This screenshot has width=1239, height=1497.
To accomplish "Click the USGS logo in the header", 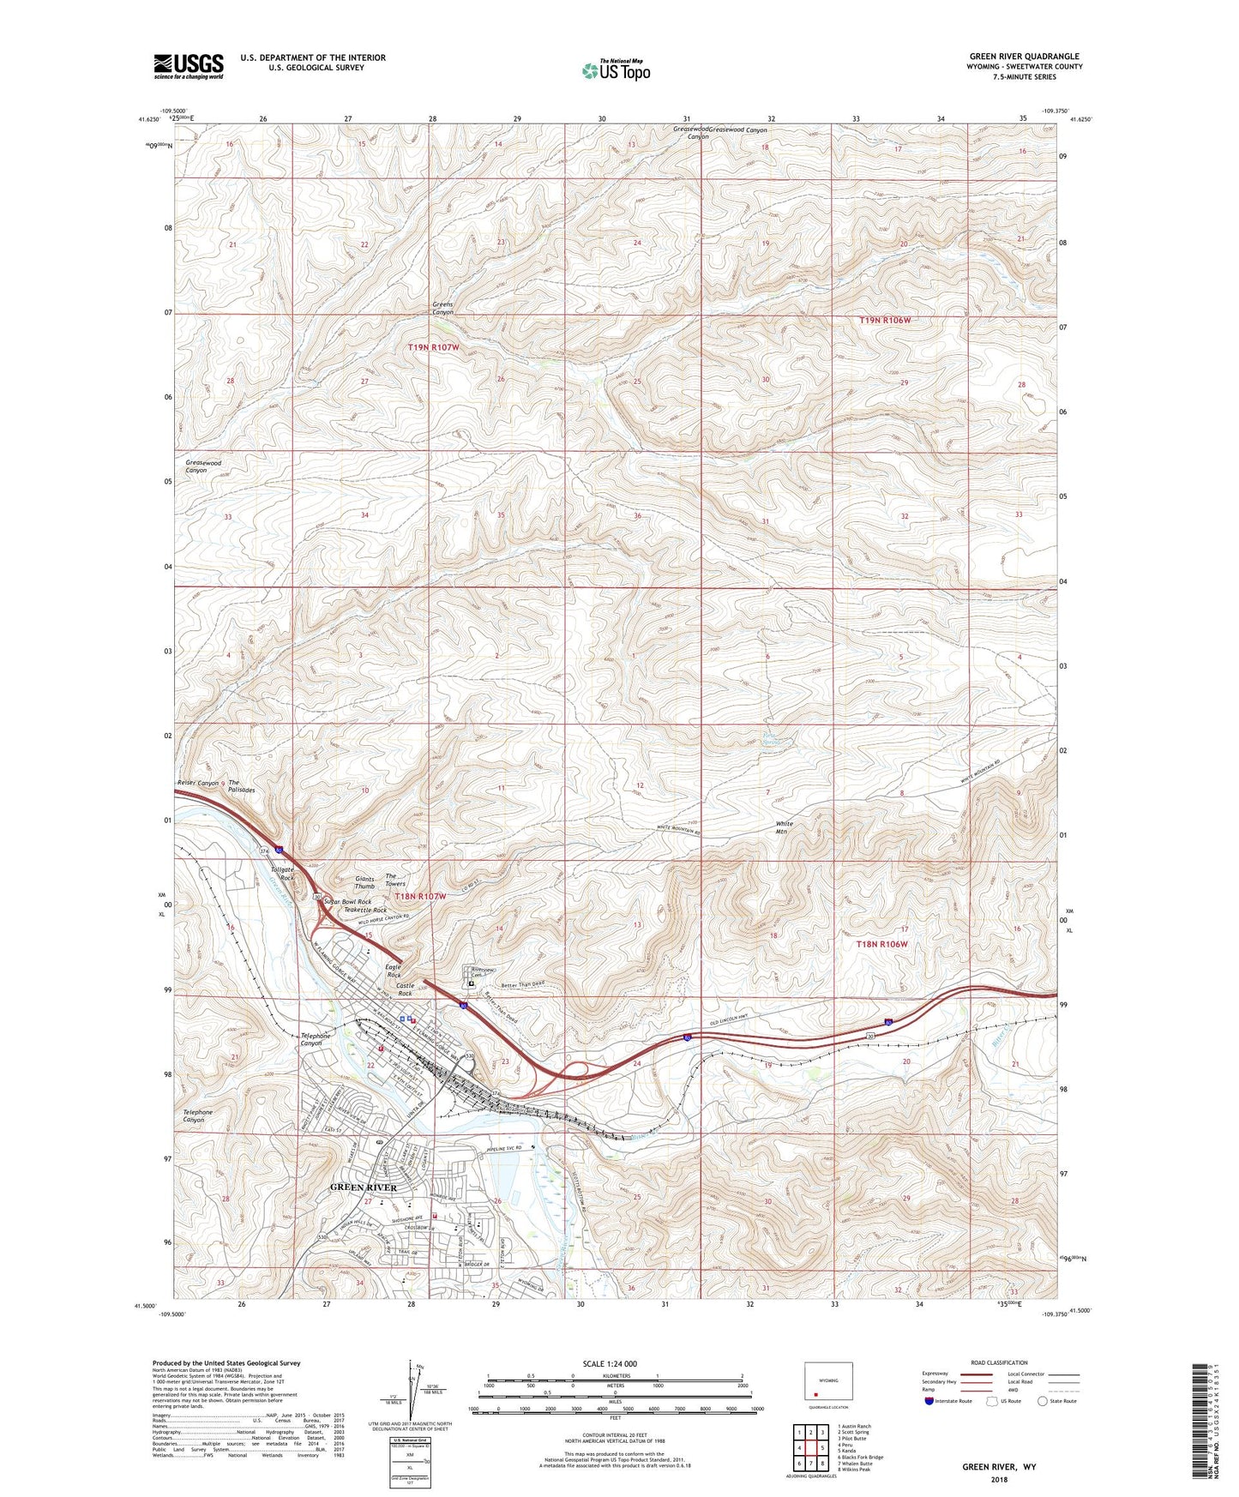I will (x=189, y=66).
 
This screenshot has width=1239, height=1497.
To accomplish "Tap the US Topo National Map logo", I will (x=615, y=70).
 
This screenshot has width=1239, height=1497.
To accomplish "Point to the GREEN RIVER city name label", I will (x=364, y=1187).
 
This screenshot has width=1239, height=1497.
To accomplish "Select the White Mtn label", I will (x=785, y=827).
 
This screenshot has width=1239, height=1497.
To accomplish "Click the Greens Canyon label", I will (x=442, y=309).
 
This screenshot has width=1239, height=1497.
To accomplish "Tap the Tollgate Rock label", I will (x=282, y=874).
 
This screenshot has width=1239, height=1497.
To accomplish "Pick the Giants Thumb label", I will (x=364, y=883).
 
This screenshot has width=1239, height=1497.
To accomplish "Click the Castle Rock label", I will (x=405, y=989).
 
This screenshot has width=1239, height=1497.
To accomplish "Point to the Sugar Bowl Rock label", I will (x=347, y=902).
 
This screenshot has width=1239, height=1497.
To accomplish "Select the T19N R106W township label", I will (x=884, y=320).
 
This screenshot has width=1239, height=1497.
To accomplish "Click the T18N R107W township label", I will (x=420, y=896).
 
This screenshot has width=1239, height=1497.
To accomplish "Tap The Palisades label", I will (x=241, y=786).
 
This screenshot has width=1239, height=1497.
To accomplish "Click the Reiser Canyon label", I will (x=197, y=783).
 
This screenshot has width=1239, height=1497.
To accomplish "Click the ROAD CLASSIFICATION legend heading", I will (x=999, y=1362).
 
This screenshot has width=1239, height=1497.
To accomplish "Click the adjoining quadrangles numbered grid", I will (x=810, y=1447).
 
